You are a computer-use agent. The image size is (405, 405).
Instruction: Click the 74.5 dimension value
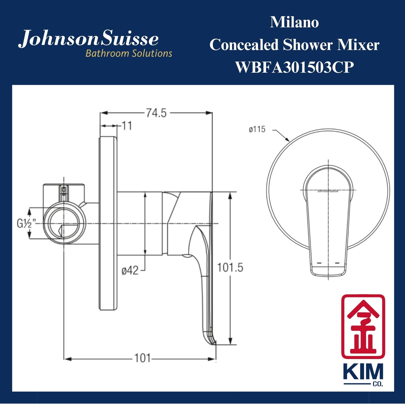156,113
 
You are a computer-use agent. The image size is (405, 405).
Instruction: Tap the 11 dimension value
127,126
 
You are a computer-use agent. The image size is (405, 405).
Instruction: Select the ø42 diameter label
130,271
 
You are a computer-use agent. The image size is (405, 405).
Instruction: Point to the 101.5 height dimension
230,268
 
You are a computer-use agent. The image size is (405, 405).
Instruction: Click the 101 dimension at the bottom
142,358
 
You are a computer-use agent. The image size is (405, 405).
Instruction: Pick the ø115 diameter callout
257,129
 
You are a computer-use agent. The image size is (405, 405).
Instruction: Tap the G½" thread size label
26,224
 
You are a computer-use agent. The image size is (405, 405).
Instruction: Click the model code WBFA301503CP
294,67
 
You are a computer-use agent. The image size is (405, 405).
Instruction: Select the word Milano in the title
294,22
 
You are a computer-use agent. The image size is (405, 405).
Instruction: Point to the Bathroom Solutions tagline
129,53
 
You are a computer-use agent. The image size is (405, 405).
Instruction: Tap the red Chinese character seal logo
363,327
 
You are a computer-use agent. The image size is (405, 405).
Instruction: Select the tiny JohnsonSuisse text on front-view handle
328,191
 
